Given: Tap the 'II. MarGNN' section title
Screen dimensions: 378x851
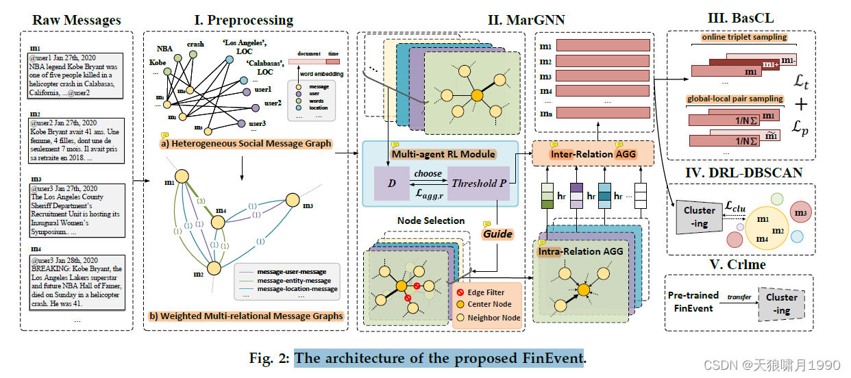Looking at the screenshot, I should click(x=526, y=20).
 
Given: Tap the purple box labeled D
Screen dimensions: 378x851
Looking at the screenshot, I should click(x=391, y=184).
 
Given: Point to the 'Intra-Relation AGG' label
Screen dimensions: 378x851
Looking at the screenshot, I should click(x=581, y=251).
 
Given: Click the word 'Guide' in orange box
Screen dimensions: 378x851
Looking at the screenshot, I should click(x=497, y=234).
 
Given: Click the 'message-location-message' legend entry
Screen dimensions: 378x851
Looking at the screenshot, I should click(x=297, y=289).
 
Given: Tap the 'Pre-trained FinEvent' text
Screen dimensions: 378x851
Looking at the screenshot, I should click(x=691, y=301).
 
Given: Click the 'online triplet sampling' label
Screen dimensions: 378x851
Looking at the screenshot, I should click(x=744, y=38).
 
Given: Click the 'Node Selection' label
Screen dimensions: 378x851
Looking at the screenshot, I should click(x=431, y=220).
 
